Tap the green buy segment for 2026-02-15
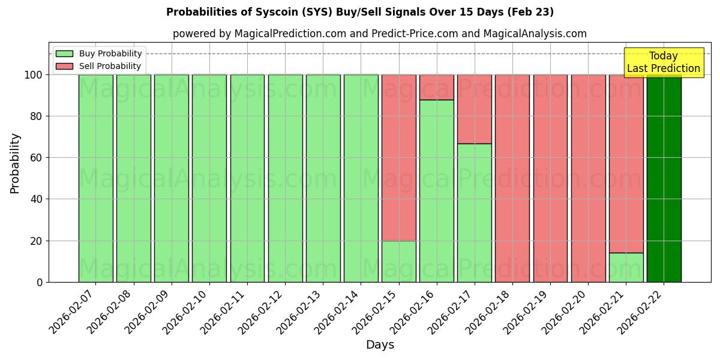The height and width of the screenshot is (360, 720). pos(398,262)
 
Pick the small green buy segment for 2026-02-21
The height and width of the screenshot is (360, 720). pos(626,268)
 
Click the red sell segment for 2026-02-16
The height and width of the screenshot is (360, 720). pos(436,87)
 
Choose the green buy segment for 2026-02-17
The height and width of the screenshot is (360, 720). pos(474,213)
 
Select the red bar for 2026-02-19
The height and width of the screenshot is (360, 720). pos(550,178)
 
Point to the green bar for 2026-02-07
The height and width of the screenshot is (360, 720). pos(95,178)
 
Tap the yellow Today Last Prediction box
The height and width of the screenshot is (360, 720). pos(663,62)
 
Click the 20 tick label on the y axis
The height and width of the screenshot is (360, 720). pos(35,241)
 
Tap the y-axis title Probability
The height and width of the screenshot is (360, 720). pos(15,163)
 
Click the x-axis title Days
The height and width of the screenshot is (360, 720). pos(380,345)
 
